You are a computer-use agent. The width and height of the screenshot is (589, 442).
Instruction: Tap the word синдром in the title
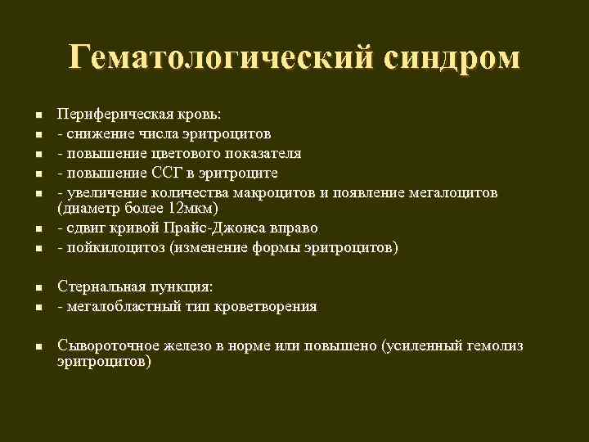449,58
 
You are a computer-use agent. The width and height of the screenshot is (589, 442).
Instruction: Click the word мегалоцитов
451,192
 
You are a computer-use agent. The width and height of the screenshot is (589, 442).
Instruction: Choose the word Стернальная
99,286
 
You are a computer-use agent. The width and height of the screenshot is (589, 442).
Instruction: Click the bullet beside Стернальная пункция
38,288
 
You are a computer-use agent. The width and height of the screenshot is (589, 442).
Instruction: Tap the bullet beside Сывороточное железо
38,347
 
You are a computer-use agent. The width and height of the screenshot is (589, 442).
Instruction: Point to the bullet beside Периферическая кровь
38,115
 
